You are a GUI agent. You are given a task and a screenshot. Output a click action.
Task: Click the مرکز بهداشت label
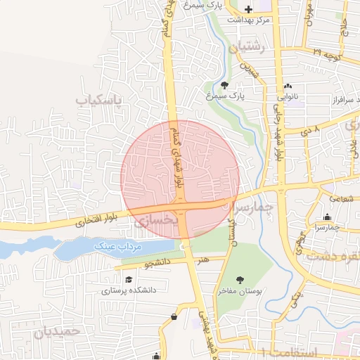click(x=248, y=20)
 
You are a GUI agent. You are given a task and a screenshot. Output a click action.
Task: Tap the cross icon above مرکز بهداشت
click(x=247, y=9)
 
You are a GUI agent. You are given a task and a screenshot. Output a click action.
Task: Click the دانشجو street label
click(x=158, y=264)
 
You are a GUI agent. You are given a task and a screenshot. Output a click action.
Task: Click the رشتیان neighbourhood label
click(x=245, y=49)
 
